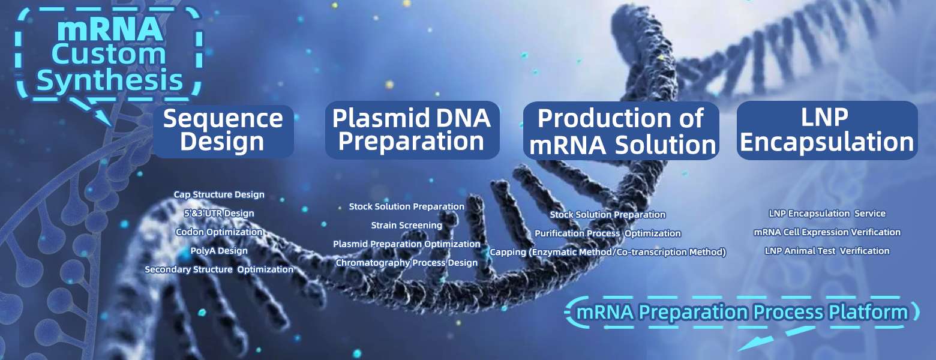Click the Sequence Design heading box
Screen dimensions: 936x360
(x=224, y=131)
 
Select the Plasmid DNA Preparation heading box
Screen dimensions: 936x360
(x=412, y=130)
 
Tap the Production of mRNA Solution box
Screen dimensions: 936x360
(x=622, y=131)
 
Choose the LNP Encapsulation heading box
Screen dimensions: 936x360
(x=827, y=130)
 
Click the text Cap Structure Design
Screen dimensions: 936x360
(x=219, y=194)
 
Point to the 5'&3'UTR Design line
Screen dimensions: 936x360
(x=219, y=213)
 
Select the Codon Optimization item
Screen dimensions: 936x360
(x=219, y=232)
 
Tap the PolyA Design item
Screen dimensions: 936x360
(x=219, y=251)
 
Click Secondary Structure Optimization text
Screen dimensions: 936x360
(x=219, y=269)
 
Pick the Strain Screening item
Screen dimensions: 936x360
(x=407, y=225)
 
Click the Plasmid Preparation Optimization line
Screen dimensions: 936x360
(x=407, y=244)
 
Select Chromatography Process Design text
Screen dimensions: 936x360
(x=407, y=263)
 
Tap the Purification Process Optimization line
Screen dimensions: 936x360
(x=608, y=233)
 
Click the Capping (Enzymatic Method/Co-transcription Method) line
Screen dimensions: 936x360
(x=608, y=252)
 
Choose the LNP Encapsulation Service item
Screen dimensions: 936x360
(x=827, y=214)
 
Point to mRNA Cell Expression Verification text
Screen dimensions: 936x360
(x=827, y=232)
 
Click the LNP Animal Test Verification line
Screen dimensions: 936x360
(x=827, y=251)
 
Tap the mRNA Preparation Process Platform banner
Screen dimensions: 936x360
(x=742, y=313)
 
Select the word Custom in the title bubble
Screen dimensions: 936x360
(x=109, y=54)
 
